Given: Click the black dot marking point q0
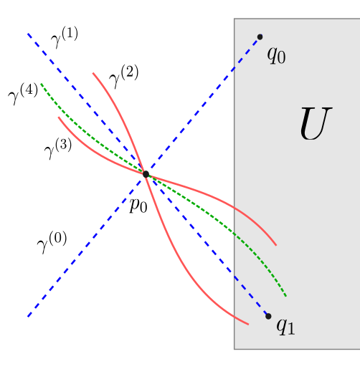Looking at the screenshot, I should pyautogui.click(x=260, y=37).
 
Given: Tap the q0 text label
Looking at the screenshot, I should pyautogui.click(x=276, y=54).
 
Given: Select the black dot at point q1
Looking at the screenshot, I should pyautogui.click(x=268, y=316).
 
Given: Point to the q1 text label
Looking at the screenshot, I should pyautogui.click(x=285, y=326).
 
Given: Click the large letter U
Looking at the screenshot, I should pyautogui.click(x=314, y=125).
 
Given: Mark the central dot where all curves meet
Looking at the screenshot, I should pyautogui.click(x=146, y=173).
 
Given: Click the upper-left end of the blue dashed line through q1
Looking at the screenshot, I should pyautogui.click(x=28, y=33).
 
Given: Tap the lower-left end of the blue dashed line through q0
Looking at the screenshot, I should pyautogui.click(x=28, y=316).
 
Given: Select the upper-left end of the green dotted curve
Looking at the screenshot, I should pyautogui.click(x=41, y=83).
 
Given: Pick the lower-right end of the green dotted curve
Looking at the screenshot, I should pyautogui.click(x=286, y=296).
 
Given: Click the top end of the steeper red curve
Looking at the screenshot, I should pyautogui.click(x=93, y=72).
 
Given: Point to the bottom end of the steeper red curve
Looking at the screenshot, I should pyautogui.click(x=248, y=325).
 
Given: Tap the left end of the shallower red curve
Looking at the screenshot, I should pyautogui.click(x=59, y=118).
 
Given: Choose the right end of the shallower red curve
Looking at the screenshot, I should pyautogui.click(x=276, y=246).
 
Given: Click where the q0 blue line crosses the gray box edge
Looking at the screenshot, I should pyautogui.click(x=235, y=67).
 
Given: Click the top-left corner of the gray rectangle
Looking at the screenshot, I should pyautogui.click(x=235, y=19).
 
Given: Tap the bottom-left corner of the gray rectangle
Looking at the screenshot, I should pyautogui.click(x=235, y=349).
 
